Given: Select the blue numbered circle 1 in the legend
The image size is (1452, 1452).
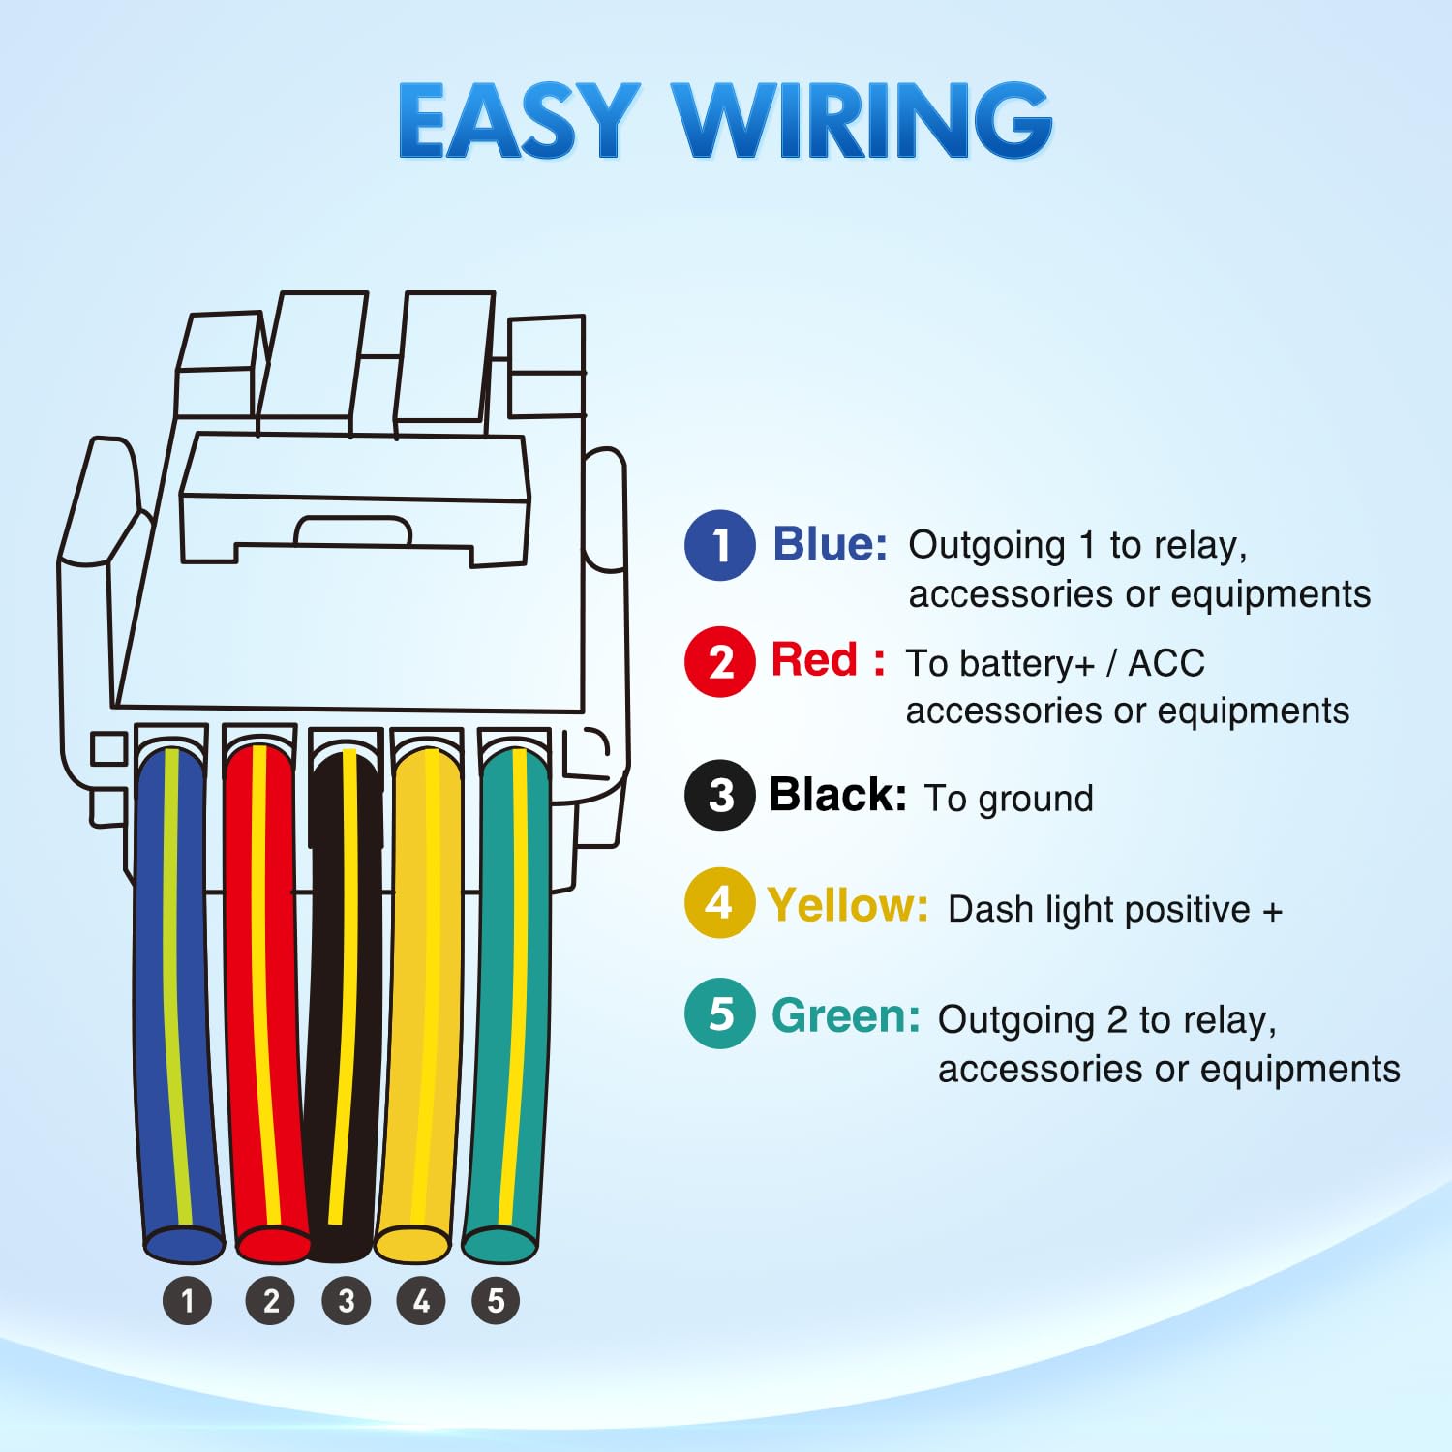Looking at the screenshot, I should coord(719,545).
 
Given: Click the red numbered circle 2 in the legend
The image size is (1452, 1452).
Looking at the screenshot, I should coord(719,662).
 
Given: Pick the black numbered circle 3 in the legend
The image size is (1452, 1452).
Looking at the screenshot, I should coord(719,796).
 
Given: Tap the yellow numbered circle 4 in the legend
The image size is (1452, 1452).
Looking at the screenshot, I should coord(719,903).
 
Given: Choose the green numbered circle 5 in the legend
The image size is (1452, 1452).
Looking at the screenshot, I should coord(719,1013).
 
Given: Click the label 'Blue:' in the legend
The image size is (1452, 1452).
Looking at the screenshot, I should coord(830,544).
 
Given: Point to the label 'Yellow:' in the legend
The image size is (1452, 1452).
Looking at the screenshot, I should coord(847,906).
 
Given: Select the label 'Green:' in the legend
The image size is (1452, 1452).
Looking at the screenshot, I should coord(845,1016).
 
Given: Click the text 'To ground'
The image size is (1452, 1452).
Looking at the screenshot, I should coord(1009,799).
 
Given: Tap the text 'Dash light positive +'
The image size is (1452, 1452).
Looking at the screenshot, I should coord(1115,910).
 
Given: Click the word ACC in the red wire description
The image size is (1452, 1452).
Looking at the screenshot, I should coord(1166,663).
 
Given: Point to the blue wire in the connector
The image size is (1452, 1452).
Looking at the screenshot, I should coord(176,997).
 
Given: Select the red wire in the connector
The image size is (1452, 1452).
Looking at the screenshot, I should coord(263,997).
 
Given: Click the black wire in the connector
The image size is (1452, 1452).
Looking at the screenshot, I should coord(344,997).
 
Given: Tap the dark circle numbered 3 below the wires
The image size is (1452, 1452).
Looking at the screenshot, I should coord(346,1301).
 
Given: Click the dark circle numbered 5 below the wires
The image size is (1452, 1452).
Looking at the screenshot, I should coord(496,1301).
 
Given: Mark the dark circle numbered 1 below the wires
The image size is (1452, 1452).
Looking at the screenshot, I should coord(187,1301).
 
